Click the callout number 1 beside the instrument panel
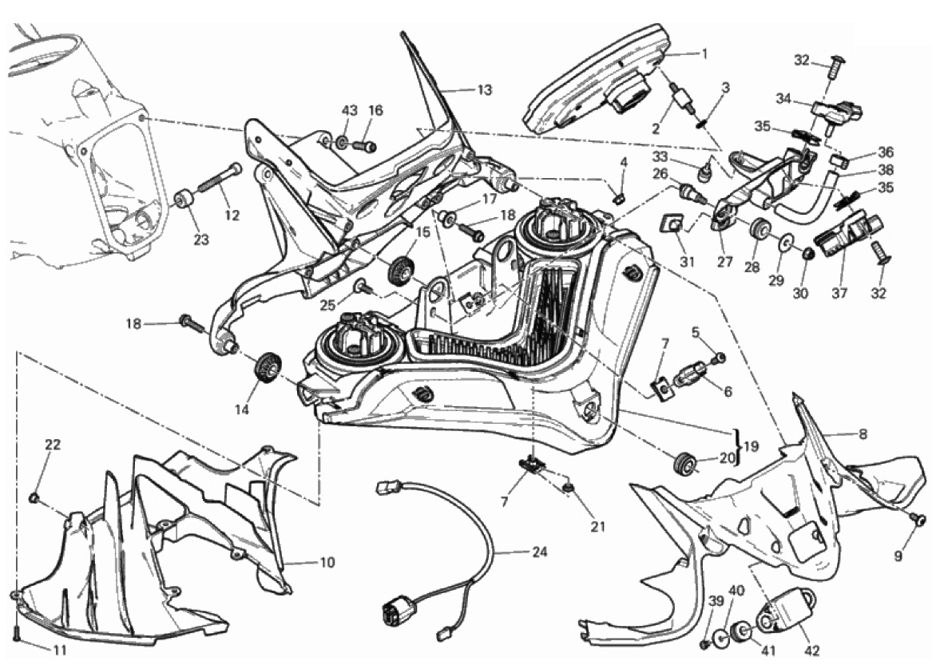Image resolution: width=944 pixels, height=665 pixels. pos(704,54)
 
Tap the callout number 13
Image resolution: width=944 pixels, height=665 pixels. pos(485,89)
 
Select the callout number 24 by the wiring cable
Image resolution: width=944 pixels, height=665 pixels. pos(541,552)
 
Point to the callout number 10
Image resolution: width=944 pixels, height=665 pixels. pos(327,563)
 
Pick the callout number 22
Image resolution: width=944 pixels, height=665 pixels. pos(53,445)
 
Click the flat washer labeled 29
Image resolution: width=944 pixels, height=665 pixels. pos(786,240)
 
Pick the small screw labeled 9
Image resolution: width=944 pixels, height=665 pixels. pos(919,520)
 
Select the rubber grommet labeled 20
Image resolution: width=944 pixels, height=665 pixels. pos(685,464)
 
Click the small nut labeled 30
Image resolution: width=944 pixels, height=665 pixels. pos(807,255)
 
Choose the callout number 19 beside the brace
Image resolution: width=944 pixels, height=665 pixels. pos(747,446)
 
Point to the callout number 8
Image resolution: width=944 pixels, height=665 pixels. pos(863,434)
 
